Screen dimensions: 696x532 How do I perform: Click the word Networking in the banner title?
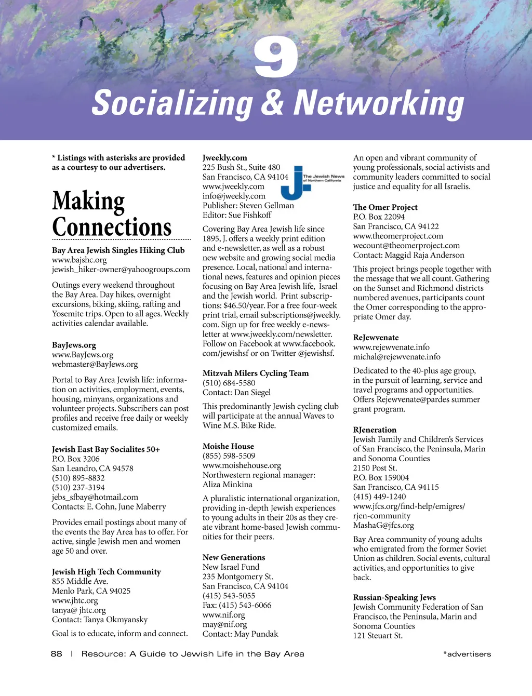pos(378,103)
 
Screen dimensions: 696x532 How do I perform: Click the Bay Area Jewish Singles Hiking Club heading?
pos(118,250)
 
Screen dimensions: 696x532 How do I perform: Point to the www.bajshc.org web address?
pos(79,260)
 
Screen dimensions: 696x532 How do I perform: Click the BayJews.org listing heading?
pos(74,345)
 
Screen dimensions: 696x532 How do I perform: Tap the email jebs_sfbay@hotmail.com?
pos(95,497)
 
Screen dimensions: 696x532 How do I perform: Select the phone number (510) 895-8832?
pos(78,478)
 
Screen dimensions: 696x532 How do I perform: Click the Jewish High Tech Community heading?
pos(107,572)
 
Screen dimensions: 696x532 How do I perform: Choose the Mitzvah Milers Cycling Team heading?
pos(256,373)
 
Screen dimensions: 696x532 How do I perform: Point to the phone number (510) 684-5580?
pos(229,383)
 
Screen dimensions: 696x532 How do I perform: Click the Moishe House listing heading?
pos(228,446)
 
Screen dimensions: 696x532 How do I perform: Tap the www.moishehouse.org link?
pos(242,465)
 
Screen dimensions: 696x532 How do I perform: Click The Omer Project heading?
pos(385,207)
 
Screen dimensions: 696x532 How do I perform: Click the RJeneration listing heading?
pos(375,430)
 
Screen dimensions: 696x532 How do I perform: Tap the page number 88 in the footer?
pos(57,654)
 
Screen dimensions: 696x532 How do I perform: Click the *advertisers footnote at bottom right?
pos(467,654)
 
